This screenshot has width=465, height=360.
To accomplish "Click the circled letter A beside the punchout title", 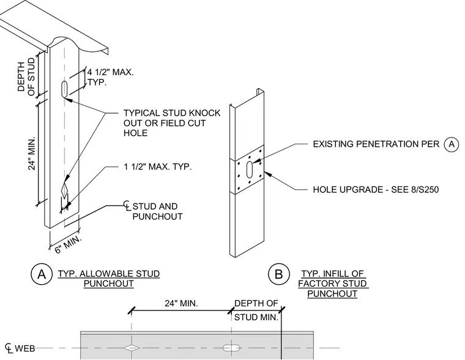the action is (x=42, y=274).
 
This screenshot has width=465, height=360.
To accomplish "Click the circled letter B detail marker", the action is (x=279, y=274).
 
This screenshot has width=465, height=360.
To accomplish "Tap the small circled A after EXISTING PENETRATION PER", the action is (x=452, y=144).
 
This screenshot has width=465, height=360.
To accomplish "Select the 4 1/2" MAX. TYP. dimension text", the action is (x=110, y=77).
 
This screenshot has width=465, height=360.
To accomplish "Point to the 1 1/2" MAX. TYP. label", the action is (x=158, y=166).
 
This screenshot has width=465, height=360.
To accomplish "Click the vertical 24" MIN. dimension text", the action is (x=32, y=153).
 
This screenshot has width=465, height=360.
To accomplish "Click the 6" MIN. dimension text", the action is (x=68, y=244).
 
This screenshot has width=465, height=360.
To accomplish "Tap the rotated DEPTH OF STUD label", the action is (x=26, y=76).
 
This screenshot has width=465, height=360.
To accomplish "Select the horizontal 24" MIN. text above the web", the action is (x=182, y=303).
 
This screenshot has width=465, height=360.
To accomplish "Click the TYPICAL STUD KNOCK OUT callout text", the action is (x=172, y=123).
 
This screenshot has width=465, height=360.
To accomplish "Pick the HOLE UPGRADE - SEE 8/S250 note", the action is (x=376, y=189).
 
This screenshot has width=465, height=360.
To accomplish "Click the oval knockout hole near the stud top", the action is (x=64, y=88).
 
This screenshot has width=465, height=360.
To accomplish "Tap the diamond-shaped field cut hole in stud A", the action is (x=64, y=191).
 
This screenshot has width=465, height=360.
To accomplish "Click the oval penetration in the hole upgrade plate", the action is (x=250, y=169).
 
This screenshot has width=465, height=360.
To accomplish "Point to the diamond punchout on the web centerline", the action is (x=132, y=348).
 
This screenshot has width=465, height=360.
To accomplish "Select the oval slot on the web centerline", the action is (x=231, y=348).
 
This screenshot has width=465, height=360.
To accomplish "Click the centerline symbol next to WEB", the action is (x=9, y=348).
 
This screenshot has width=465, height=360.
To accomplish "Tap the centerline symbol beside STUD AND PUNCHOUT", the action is (x=127, y=205).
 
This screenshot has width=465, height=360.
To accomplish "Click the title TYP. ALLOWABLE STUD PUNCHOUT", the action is (x=108, y=279).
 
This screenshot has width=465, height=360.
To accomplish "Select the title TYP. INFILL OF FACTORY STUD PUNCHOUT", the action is (x=333, y=284).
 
